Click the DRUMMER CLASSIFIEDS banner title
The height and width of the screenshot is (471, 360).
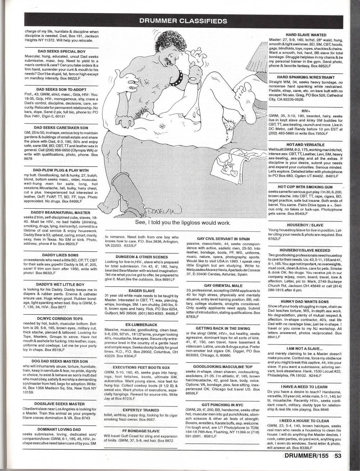183,21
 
